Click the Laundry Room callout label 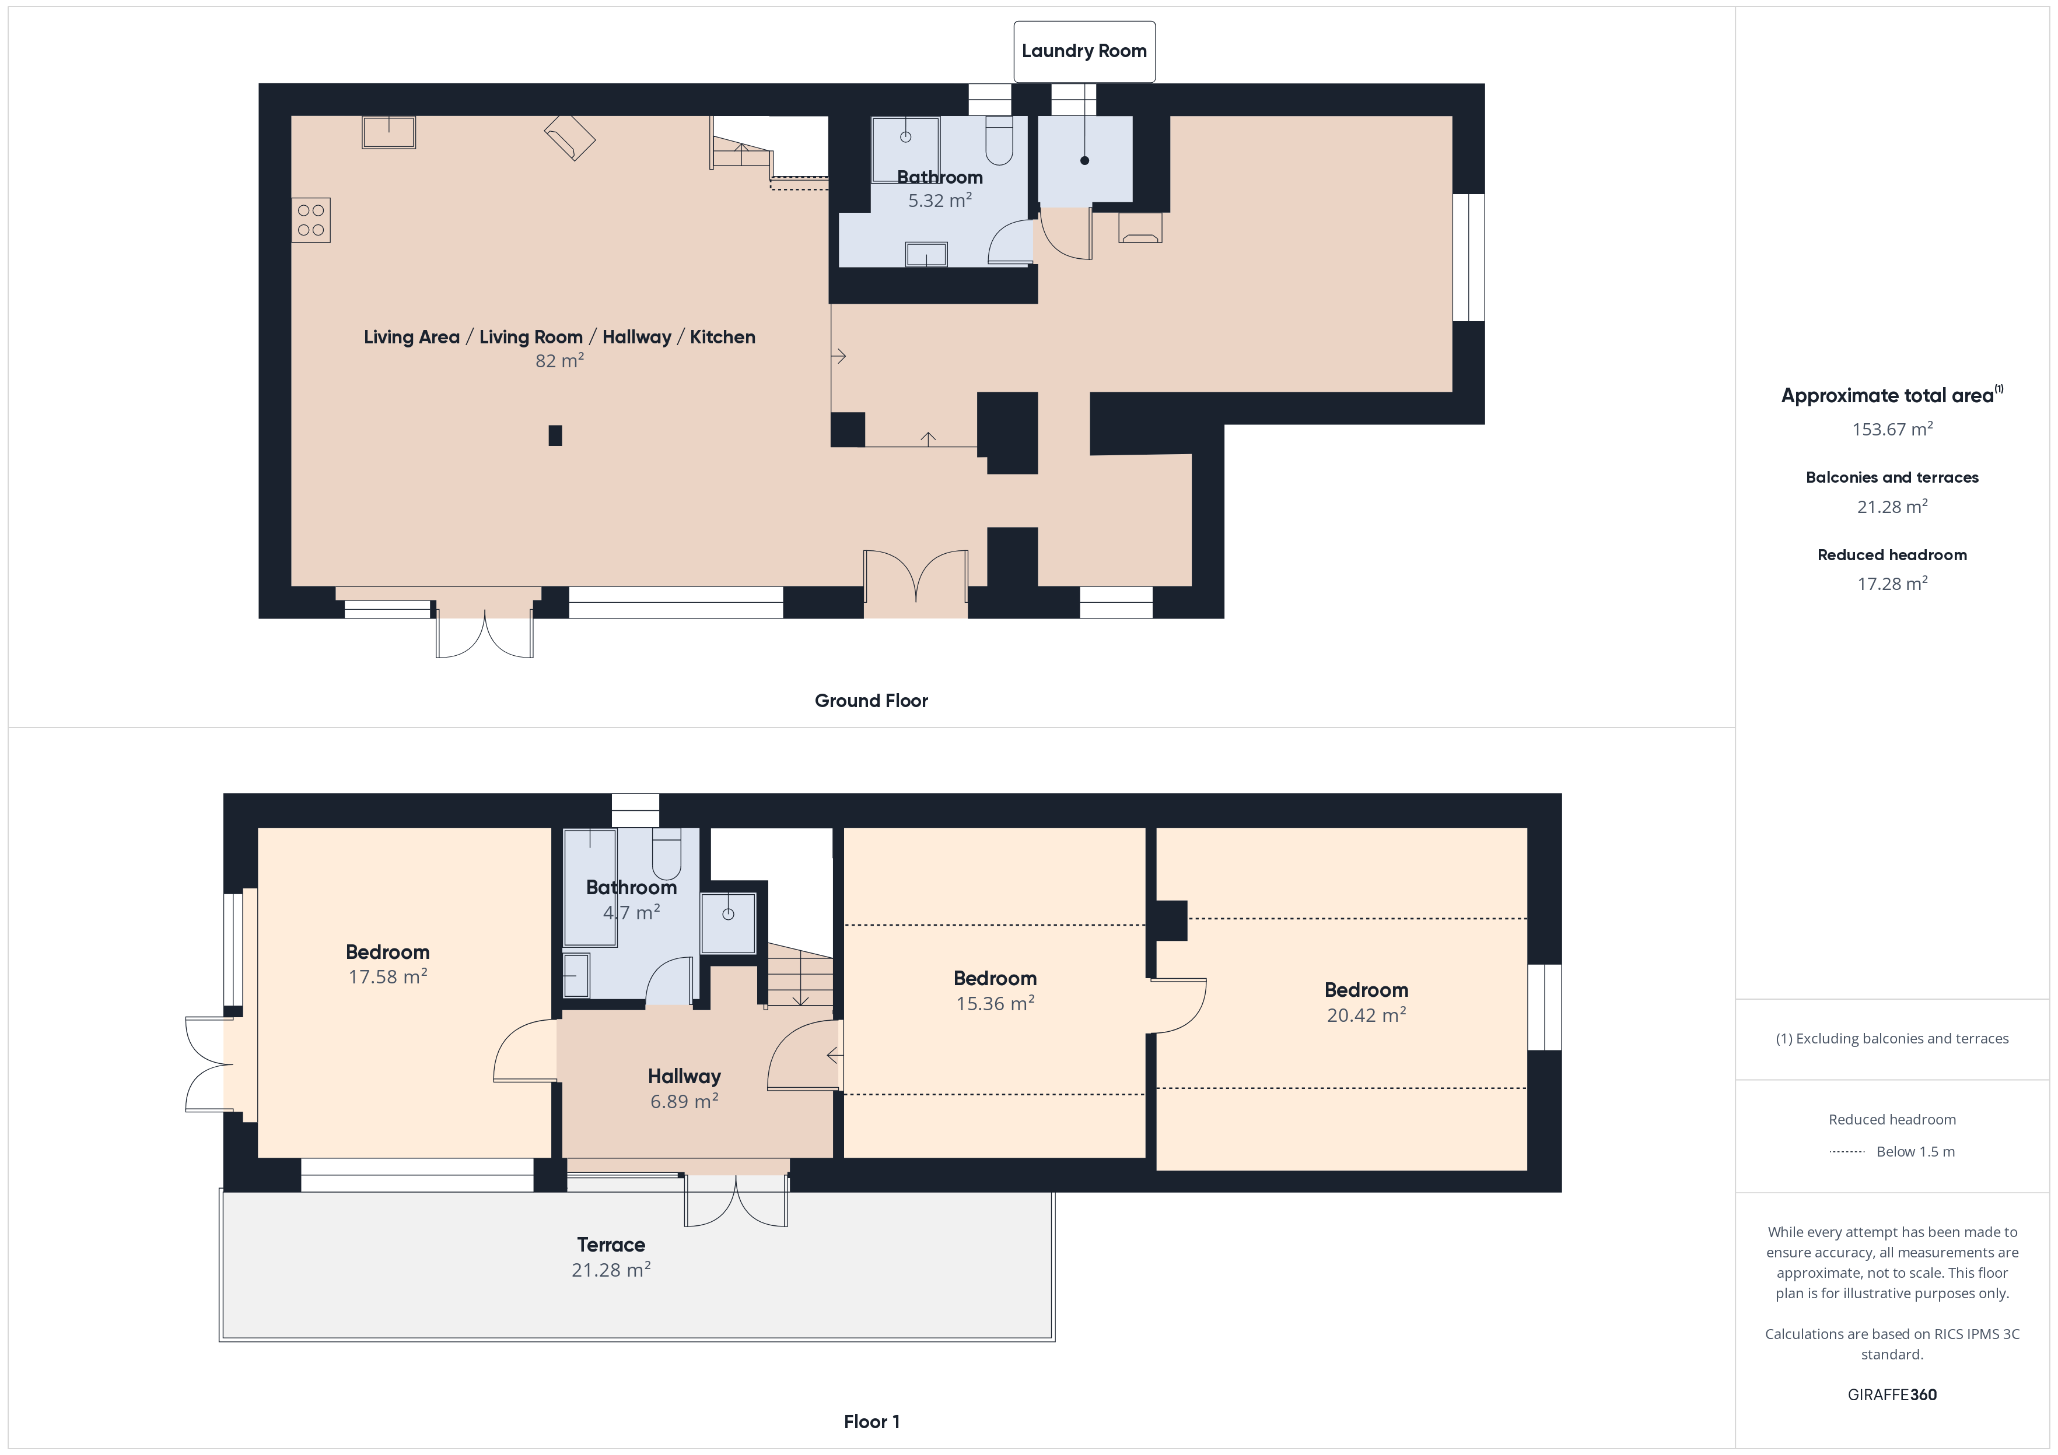1084,51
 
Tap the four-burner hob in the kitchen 311,220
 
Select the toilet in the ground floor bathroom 999,140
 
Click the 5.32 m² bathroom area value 939,200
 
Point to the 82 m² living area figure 559,360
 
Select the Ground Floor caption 871,701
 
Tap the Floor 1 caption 871,1421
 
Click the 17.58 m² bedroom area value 387,976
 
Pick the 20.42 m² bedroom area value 1366,1014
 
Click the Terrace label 611,1245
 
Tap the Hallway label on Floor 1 684,1076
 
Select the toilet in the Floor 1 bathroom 667,855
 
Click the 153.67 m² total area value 1892,428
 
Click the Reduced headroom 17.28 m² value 1892,584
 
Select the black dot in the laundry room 1084,160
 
